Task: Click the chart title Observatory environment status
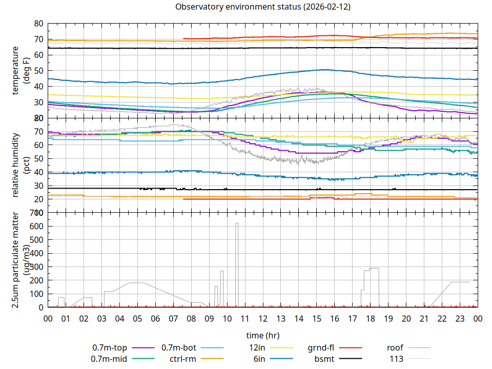point(262,7)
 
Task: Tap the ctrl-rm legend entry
point(183,359)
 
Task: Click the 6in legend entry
point(259,359)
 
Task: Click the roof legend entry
point(395,348)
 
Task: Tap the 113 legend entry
point(396,359)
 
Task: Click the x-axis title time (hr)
point(262,335)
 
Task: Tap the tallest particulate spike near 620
point(237,224)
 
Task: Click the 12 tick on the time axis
point(263,318)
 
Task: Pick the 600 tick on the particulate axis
point(36,226)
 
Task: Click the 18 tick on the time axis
point(371,318)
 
